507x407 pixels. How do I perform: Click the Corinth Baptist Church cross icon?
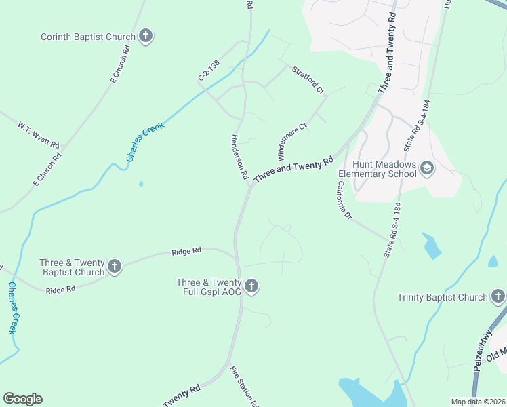coord(146,37)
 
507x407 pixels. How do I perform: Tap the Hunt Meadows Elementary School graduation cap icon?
coord(427,168)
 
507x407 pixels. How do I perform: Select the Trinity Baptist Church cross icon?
coord(498,296)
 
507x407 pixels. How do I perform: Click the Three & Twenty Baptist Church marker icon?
coord(115,267)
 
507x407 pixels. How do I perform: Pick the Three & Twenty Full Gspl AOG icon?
coord(251,287)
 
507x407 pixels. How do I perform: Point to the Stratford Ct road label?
coord(308,79)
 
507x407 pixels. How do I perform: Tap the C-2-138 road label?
coord(209,70)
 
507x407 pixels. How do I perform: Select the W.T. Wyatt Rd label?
coord(39,136)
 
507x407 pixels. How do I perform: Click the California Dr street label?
coord(345,201)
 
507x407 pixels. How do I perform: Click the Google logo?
coord(22,399)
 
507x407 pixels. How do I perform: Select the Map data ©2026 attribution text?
coord(478,402)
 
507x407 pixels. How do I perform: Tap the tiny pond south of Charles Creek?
coord(141,184)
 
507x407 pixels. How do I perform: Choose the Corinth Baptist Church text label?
coord(88,37)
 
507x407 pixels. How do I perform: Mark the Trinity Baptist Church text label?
coord(443,297)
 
